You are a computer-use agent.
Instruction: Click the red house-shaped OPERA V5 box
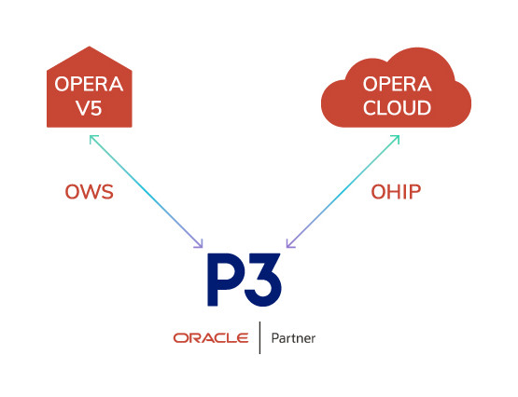tap(90, 93)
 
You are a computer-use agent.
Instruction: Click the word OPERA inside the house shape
tap(90, 84)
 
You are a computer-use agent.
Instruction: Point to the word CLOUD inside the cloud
tap(398, 108)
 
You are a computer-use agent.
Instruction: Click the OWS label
tap(90, 193)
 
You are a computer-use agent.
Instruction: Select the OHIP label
tap(396, 193)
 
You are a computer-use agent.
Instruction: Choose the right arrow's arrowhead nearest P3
tap(288, 246)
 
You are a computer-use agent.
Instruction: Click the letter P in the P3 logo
tap(224, 282)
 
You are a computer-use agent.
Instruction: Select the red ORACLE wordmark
tap(210, 337)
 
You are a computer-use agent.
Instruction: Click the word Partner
tap(293, 337)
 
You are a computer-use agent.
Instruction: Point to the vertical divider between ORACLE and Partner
tap(259, 337)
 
